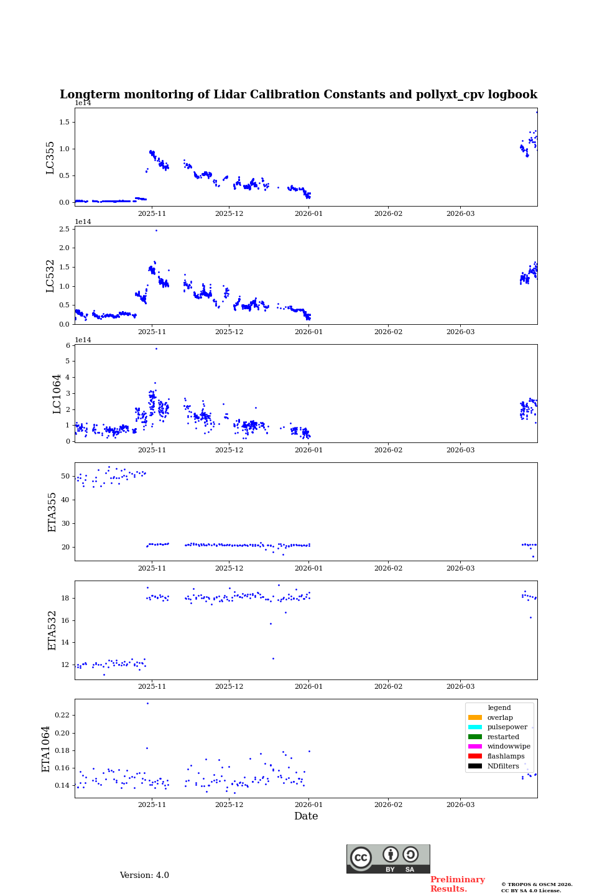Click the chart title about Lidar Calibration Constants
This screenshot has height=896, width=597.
tap(298, 95)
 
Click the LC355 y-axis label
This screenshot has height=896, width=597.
tap(50, 157)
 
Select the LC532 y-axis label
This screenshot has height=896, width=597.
tap(50, 276)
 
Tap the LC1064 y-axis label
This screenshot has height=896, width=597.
tap(57, 394)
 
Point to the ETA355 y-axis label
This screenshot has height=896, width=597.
tap(52, 512)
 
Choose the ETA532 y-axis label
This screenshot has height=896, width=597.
tap(52, 630)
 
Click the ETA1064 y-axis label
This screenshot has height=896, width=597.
tap(46, 749)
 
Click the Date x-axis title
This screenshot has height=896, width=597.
tap(306, 816)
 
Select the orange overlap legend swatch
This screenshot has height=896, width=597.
tap(475, 717)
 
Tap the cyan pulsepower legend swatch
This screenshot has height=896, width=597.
tap(475, 727)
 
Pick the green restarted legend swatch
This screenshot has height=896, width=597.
tap(475, 737)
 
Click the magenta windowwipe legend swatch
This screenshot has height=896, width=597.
tap(475, 747)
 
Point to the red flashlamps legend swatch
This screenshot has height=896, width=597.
tap(475, 756)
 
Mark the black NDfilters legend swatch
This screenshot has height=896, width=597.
tap(475, 766)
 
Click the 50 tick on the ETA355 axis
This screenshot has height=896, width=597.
tap(65, 477)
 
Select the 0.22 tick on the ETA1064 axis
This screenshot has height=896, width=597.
tap(62, 716)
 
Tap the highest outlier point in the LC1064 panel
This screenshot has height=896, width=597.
tap(156, 348)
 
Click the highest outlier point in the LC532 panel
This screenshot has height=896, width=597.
tap(156, 230)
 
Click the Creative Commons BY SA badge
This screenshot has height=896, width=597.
tap(388, 859)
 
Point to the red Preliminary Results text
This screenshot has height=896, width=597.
tap(457, 884)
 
